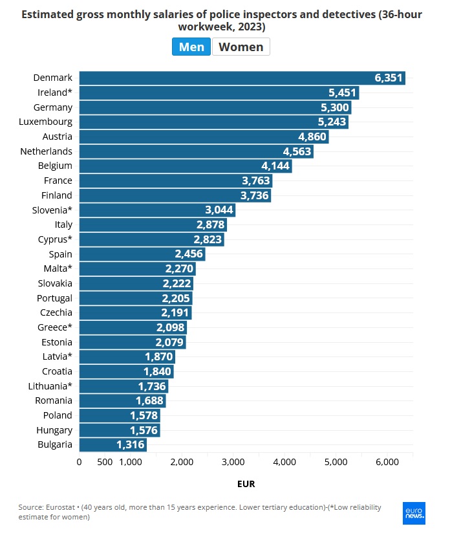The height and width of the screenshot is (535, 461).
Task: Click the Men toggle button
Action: coord(191,47)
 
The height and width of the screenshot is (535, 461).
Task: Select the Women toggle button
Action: coord(241,47)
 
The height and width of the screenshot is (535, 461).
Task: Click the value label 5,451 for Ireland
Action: coord(342,93)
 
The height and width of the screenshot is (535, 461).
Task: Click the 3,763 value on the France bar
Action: coord(255,180)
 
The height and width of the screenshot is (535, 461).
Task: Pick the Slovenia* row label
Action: coord(52,210)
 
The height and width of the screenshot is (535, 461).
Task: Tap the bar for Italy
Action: coord(152,224)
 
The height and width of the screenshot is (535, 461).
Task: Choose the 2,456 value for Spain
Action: coord(189,254)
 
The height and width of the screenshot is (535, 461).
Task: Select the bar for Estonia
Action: coord(132,342)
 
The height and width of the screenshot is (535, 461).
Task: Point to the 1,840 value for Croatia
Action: coord(157,371)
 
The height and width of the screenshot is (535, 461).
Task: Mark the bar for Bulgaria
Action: coord(113,444)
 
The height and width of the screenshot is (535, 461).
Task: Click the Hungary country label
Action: coord(54,430)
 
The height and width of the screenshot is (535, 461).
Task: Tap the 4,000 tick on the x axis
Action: coord(284,462)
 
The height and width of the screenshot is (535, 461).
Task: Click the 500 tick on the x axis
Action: coord(105,462)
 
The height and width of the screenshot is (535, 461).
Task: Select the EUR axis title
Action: coord(246,483)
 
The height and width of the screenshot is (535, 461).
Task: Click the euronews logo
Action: coord(414,512)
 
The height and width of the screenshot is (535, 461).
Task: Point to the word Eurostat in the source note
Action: coord(63,508)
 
